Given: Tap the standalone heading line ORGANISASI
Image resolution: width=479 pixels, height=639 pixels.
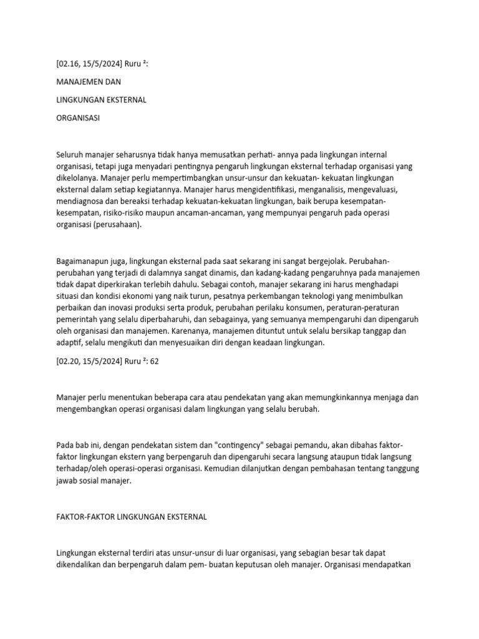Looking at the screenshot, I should point(78,117).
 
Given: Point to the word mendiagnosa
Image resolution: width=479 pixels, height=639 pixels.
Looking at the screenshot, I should point(80,201).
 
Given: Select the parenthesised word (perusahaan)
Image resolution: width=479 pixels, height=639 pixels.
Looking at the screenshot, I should point(120,225).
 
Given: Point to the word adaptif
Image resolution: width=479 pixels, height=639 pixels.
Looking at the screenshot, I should point(69,343).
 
